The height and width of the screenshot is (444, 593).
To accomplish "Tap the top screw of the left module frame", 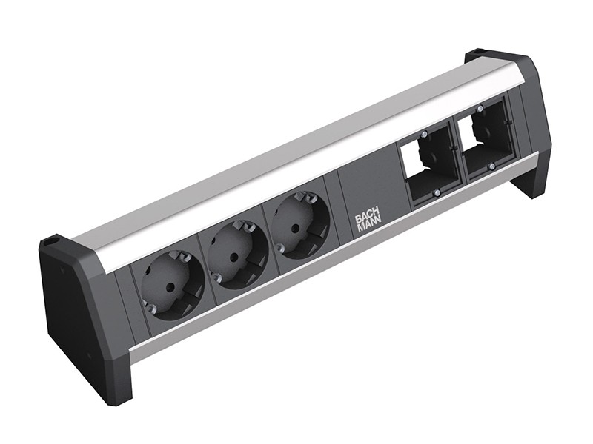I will pyautogui.click(x=424, y=135).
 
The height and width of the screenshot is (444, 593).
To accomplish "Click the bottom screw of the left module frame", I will pyautogui.click(x=437, y=192).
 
